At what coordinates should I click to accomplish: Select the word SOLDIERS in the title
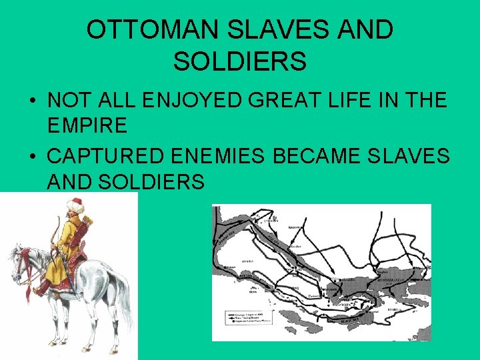click(x=240, y=61)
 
